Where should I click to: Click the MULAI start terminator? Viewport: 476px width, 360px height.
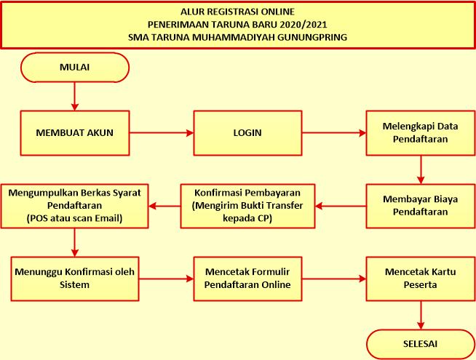tap(75, 68)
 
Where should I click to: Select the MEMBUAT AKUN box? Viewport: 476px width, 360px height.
tap(75, 133)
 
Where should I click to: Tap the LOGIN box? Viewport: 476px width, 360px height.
tap(247, 133)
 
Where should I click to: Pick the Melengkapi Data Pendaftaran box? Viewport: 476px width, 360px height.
tap(421, 133)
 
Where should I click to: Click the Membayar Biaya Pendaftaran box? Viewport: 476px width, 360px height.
tap(421, 206)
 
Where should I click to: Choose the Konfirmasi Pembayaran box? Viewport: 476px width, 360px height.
tap(247, 206)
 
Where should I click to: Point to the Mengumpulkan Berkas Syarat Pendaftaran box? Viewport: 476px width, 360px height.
tap(74, 206)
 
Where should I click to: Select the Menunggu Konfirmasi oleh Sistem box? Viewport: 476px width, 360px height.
tap(75, 279)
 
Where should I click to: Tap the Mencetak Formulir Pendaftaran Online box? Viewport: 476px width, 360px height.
tap(247, 279)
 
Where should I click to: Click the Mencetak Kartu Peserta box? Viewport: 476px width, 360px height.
tap(421, 279)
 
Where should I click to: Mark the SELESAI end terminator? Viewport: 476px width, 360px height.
tap(421, 344)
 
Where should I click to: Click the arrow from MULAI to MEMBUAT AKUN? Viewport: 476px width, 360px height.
tap(75, 97)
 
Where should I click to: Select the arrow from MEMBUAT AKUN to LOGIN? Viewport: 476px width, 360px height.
tap(162, 133)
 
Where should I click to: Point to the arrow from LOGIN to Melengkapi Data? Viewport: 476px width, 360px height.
tap(334, 133)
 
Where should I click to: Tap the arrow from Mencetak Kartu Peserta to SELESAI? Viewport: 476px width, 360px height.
tap(421, 315)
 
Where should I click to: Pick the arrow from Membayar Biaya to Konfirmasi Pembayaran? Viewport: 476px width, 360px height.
tap(341, 207)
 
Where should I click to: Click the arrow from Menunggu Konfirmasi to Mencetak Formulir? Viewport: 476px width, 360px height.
tap(166, 279)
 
